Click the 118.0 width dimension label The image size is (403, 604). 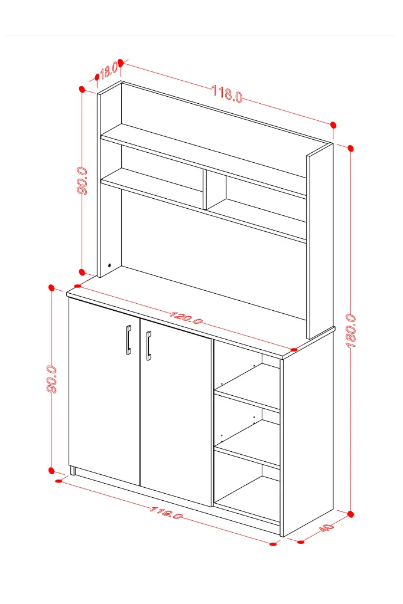coord(227,94)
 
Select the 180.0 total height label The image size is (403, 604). coord(351,331)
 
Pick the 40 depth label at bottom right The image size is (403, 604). coord(327,527)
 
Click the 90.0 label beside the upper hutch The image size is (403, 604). coord(82,180)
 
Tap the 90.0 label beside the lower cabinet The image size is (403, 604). coord(52,379)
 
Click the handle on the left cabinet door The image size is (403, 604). coord(129,339)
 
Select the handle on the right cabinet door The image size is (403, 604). coord(149,346)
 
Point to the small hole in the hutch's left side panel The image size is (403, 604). coord(110,265)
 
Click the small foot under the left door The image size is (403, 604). coord(73,470)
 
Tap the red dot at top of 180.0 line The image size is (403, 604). coord(350,148)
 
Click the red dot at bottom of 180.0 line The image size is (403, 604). coord(350,514)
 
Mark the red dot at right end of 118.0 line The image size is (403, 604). coord(333,125)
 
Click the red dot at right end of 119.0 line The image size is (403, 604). coord(274,544)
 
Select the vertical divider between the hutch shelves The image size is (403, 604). coord(205,190)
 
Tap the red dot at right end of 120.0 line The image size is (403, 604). coord(294,349)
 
